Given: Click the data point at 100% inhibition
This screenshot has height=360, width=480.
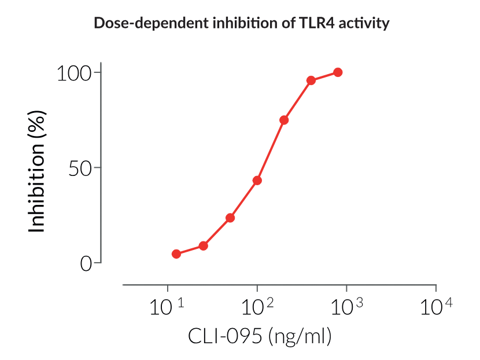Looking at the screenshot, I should point(338,72).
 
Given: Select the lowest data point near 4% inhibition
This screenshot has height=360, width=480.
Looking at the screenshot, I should point(176,254).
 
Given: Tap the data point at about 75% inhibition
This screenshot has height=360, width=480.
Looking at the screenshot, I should point(284,120).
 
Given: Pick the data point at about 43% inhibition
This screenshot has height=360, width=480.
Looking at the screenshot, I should point(257,181).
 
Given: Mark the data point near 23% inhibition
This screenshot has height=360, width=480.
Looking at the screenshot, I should point(230,218).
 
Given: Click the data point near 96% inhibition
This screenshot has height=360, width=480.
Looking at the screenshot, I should point(311,80).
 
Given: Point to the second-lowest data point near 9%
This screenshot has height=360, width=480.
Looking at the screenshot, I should point(204,246).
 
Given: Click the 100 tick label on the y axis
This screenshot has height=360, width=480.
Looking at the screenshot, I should point(75,73).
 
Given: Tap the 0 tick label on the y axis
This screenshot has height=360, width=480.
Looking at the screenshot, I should point(86,263).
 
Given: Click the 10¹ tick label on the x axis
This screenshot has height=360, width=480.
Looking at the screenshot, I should point(167,307).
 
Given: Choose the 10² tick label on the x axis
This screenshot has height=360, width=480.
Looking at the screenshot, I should point(257,307).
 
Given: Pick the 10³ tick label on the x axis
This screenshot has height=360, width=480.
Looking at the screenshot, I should point(346,307).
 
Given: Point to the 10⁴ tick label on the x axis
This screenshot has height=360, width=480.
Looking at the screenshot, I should point(435,307).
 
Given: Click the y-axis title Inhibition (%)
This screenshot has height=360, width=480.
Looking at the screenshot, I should point(36,168).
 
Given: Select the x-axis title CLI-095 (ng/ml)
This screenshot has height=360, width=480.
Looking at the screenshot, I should point(259,336).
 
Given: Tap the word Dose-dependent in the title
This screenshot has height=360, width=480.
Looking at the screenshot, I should point(137,24).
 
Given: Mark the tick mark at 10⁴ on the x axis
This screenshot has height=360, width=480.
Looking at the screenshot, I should point(436,288).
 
